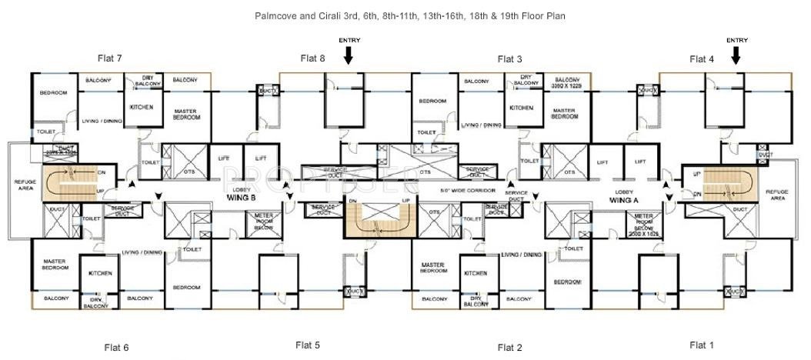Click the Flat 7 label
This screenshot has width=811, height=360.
tap(110, 58)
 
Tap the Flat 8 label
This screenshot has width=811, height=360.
tap(312, 58)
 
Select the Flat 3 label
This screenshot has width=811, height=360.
tap(510, 58)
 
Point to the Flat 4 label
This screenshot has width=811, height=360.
tap(702, 58)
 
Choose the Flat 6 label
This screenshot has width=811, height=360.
tap(116, 348)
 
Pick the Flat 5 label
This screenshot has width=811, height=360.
tap(307, 345)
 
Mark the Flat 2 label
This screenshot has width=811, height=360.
tap(510, 348)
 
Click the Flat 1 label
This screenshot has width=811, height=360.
tap(702, 345)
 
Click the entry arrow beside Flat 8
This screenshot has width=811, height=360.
tap(349, 55)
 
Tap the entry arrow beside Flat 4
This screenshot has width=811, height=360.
tap(736, 55)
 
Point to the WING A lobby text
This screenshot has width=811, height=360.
tap(624, 199)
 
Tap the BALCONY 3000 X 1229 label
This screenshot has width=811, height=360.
tap(566, 82)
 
